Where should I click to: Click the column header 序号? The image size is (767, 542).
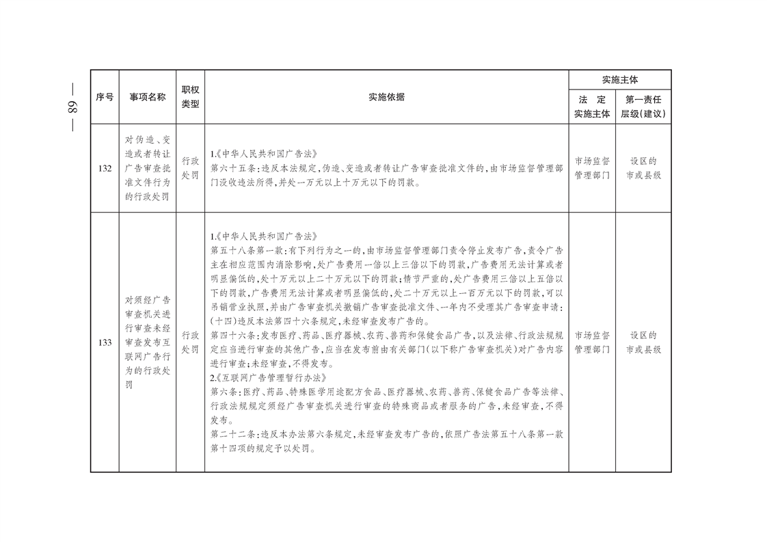click(x=105, y=97)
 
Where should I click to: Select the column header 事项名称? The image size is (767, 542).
click(x=148, y=97)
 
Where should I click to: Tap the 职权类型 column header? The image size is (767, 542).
click(x=190, y=97)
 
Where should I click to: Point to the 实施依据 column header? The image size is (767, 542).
click(x=386, y=97)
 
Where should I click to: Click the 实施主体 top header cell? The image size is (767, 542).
click(x=619, y=80)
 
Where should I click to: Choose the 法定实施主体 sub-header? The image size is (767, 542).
click(x=592, y=107)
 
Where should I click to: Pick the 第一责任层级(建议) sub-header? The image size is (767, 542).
click(x=643, y=107)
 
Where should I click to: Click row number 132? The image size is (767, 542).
click(x=105, y=168)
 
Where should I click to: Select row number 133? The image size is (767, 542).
click(x=105, y=342)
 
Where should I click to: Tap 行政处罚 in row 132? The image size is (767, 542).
click(x=190, y=168)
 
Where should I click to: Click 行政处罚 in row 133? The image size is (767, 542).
click(x=190, y=342)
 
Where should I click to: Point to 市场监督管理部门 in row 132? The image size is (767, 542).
click(x=592, y=168)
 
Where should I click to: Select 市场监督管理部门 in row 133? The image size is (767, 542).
click(x=592, y=342)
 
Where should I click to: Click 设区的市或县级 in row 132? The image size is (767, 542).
click(x=643, y=168)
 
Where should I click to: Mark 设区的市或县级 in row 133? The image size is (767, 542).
click(x=643, y=342)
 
